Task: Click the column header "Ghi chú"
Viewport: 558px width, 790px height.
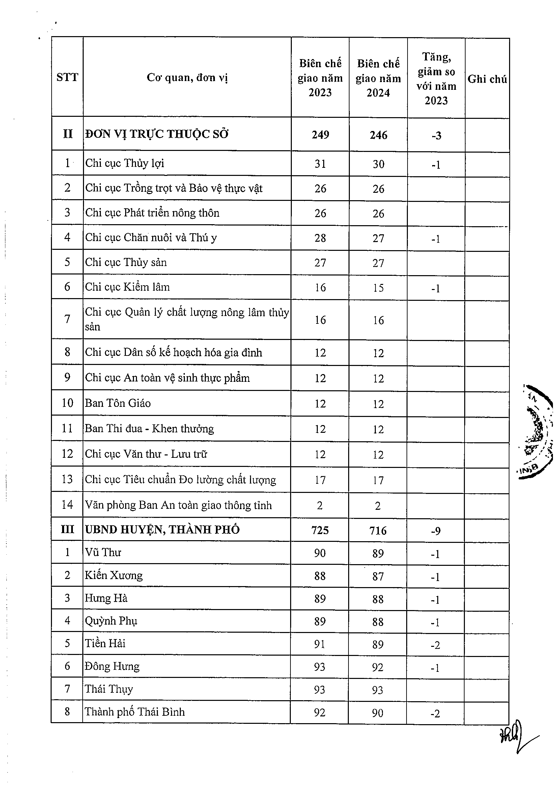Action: pos(487,79)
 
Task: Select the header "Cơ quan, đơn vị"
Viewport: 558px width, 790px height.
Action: pos(187,77)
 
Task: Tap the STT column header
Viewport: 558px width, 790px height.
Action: pos(67,77)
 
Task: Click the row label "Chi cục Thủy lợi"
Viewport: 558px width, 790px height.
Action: pos(124,163)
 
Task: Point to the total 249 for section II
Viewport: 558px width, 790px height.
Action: pos(320,134)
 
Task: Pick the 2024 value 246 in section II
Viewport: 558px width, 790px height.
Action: pos(378,135)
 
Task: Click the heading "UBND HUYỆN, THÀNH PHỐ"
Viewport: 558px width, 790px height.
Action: pos(162,529)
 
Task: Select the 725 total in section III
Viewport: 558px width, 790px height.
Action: pos(320,530)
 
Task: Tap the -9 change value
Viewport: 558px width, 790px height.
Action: pos(436,531)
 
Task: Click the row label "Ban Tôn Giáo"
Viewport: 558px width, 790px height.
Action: pos(118,403)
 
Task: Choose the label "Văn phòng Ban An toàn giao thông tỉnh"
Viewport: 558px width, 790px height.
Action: pos(178,505)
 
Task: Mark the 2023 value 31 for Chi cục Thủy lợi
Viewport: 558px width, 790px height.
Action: pos(320,164)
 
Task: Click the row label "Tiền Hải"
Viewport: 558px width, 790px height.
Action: pos(105,643)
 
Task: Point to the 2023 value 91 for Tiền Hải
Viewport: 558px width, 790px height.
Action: pos(319,644)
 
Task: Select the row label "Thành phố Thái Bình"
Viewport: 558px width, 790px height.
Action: pos(134,712)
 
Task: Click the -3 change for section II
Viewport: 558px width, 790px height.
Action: pos(436,136)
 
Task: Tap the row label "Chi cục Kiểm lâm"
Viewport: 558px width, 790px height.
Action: pos(127,287)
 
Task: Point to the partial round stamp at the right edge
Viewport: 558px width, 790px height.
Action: pos(537,431)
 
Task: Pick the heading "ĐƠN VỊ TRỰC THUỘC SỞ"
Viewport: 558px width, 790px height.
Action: pos(157,134)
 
